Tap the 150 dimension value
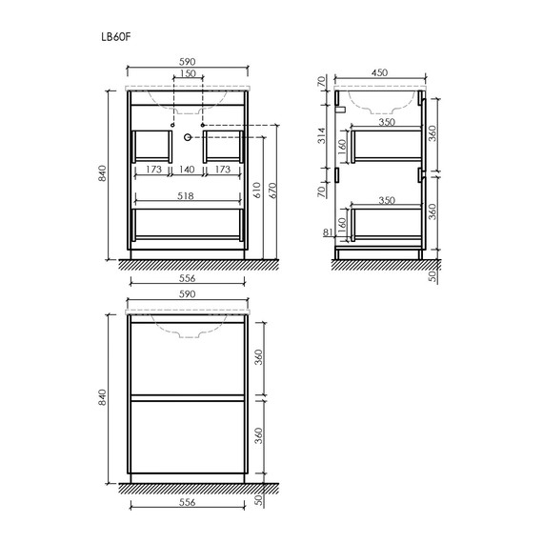tap(188, 74)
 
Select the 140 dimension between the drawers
tap(188, 170)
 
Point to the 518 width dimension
tap(188, 196)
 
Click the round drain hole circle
tap(188, 137)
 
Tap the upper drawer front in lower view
tap(188, 356)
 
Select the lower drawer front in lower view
tap(188, 441)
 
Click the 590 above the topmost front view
tap(188, 61)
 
